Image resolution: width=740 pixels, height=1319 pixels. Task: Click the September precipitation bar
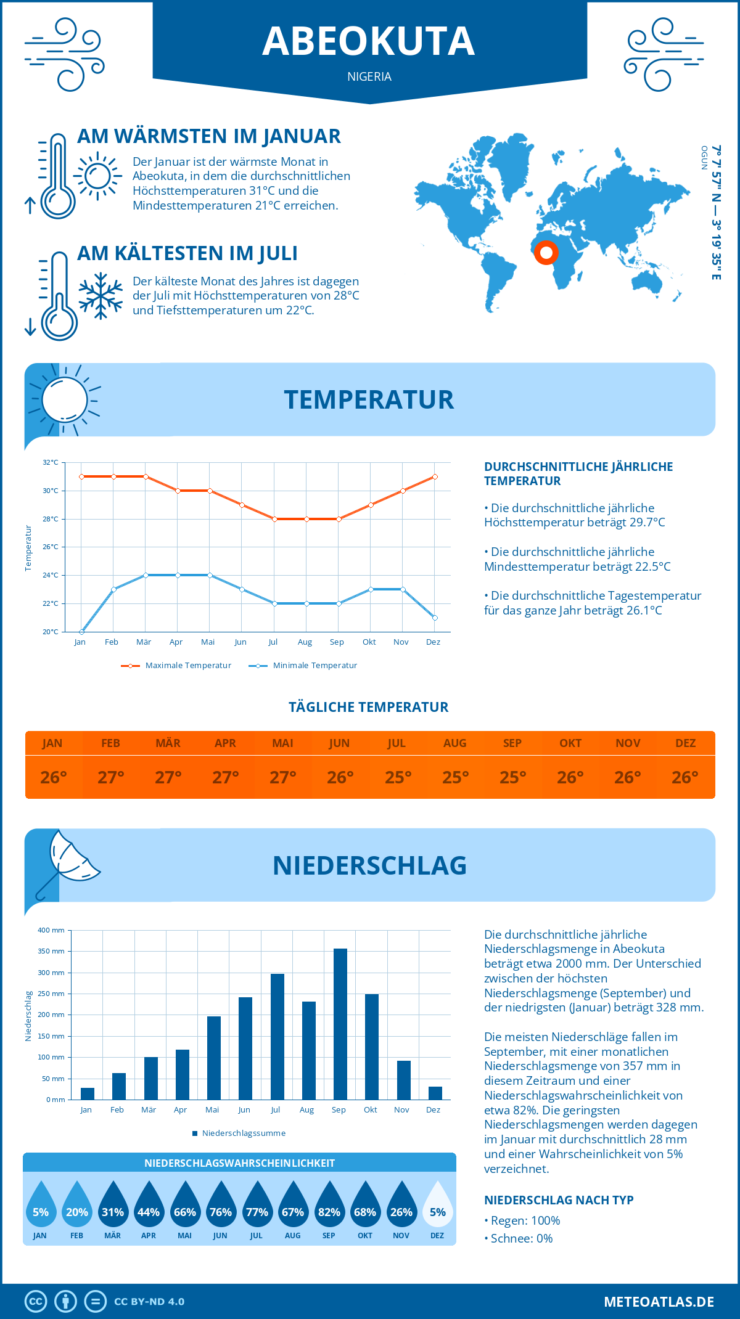[340, 1024]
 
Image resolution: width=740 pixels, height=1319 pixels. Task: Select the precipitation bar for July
[277, 1037]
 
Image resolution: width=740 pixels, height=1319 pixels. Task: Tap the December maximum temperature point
[435, 476]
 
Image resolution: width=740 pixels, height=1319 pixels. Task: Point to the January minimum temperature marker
[81, 632]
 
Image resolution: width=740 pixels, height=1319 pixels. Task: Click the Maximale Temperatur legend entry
[176, 666]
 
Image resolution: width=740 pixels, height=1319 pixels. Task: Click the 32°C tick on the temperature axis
[51, 462]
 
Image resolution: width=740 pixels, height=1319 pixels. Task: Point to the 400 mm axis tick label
[51, 930]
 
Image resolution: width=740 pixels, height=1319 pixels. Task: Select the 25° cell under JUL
[398, 777]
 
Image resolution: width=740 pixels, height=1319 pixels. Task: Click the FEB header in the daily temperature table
[110, 743]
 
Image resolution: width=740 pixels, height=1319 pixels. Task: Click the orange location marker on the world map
[546, 253]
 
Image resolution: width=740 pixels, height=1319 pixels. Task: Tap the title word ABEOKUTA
[369, 41]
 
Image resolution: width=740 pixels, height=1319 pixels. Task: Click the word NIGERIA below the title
[369, 76]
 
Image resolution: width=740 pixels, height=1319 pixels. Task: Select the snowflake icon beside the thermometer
[101, 296]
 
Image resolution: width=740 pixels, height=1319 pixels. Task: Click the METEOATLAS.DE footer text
[659, 1302]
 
